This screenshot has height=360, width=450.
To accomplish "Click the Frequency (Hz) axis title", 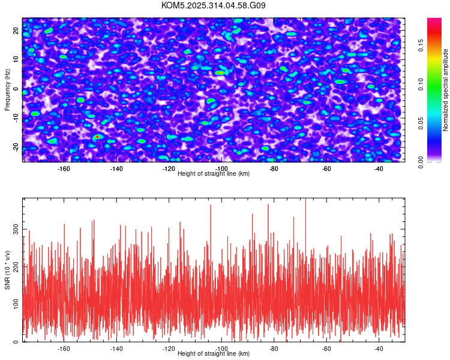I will coord(7,89).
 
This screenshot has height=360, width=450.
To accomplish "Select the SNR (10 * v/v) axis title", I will coord(7,269).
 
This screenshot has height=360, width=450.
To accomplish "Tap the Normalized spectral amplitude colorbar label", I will coord(446,90).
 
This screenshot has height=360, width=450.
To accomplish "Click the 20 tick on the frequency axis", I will coord(16,29).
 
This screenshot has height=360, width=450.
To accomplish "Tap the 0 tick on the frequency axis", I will coord(16,88).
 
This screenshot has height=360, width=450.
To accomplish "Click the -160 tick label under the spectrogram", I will coord(64,169).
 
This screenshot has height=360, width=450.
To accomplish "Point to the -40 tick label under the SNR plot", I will coord(379,349).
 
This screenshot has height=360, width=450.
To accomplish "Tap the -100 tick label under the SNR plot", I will coord(221,349).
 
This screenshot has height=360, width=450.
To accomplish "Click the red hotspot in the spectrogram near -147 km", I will coord(97,137).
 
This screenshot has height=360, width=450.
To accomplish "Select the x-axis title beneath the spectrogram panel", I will coord(214,174).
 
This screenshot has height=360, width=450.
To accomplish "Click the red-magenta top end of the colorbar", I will coord(434,21).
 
